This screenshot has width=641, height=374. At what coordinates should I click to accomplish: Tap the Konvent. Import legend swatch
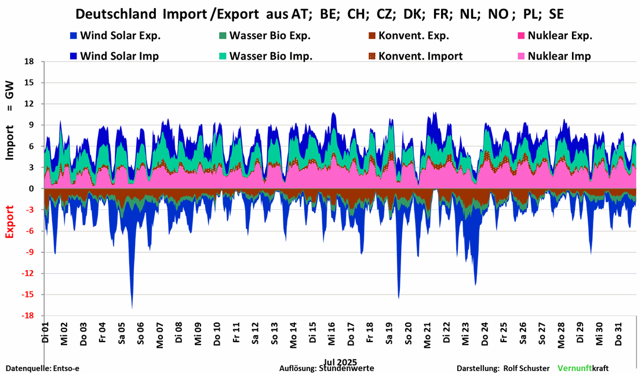click(x=373, y=56)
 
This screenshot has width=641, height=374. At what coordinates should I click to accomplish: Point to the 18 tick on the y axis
click(x=29, y=61)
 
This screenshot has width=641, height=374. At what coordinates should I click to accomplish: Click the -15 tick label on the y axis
click(x=27, y=295)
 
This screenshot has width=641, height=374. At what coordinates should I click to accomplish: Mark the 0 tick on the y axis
click(x=32, y=189)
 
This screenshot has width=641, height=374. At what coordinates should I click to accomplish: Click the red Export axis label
click(x=10, y=222)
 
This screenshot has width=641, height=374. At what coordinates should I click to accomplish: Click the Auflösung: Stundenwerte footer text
click(x=326, y=368)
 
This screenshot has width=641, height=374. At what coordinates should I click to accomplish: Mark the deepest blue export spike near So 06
click(x=132, y=306)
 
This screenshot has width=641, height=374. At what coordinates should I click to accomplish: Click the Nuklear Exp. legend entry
click(x=559, y=36)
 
